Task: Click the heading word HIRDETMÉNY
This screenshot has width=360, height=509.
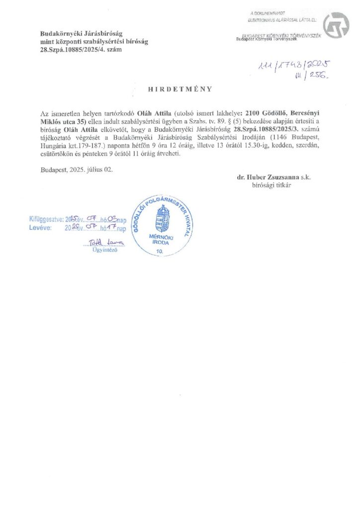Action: coord(180,89)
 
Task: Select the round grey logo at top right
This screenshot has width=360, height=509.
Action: coord(337,25)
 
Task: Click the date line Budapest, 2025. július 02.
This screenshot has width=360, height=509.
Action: coord(77,170)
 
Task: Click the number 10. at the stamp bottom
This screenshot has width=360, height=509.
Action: coord(160,252)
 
